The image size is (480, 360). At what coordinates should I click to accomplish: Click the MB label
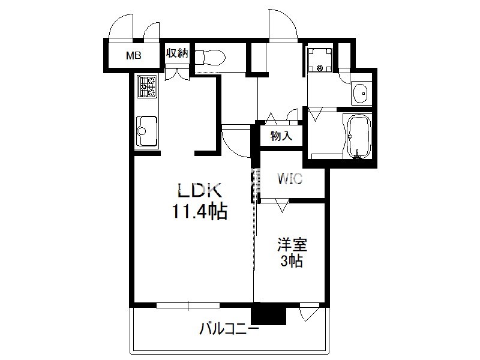tap(134, 56)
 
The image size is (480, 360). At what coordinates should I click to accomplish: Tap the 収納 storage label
tap(177, 53)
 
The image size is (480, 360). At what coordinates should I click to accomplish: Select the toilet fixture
tap(210, 57)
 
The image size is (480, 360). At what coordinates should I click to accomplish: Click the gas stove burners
tap(147, 86)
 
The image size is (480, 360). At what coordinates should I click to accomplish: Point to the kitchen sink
tap(147, 131)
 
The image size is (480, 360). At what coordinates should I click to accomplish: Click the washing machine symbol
tap(320, 59)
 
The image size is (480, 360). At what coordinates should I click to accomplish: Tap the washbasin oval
tap(361, 93)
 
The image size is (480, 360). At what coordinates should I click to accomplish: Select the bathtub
tap(358, 137)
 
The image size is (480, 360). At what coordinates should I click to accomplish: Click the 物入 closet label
tap(281, 136)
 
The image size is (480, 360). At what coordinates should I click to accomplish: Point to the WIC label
tap(290, 179)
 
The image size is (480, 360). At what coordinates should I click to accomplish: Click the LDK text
tap(200, 190)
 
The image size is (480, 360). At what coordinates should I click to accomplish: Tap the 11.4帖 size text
tap(200, 212)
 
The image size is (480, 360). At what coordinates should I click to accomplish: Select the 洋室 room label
tap(292, 245)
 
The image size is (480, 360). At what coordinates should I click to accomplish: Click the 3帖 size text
tap(292, 261)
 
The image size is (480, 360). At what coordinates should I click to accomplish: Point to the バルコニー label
tap(229, 329)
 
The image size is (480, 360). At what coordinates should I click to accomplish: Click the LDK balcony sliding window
tap(188, 305)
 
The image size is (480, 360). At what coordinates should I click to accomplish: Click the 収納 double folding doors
tap(177, 74)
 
